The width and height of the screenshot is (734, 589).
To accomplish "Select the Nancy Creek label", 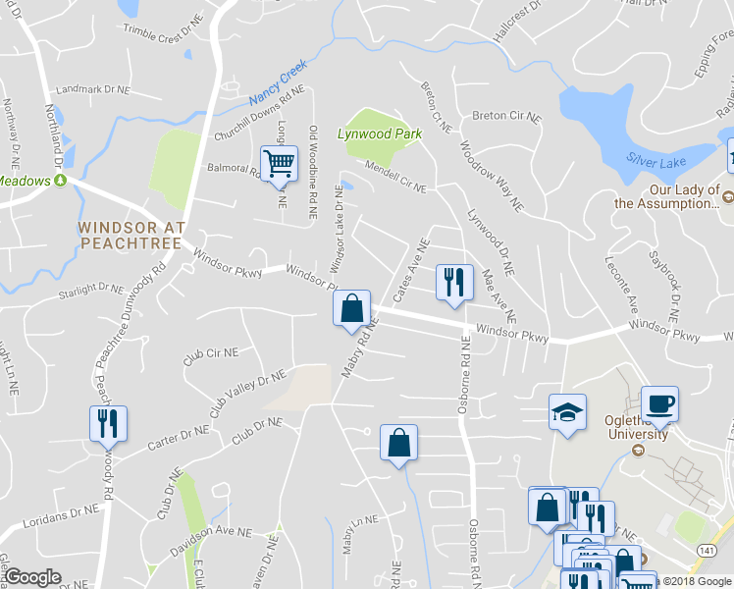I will click(278, 82).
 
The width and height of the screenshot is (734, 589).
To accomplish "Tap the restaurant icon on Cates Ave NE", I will click(453, 282).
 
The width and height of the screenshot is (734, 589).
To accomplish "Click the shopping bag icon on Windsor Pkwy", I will click(351, 308).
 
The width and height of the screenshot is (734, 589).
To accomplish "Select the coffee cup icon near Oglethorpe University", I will click(659, 402).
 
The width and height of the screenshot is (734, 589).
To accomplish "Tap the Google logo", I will click(32, 577).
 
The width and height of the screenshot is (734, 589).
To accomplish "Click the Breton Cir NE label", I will click(506, 115).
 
